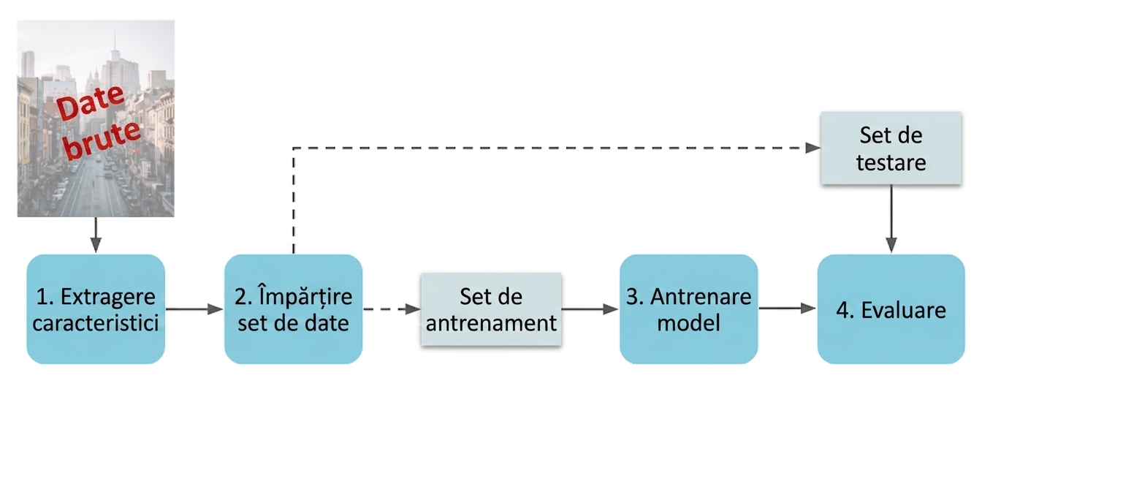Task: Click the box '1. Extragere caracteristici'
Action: [96, 309]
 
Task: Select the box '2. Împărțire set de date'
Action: [293, 309]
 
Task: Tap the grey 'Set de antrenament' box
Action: [491, 309]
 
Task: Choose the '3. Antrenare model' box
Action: [689, 309]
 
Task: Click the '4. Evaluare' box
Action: [891, 309]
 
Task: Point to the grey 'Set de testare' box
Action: [891, 148]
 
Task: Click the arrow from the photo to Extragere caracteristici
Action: [96, 235]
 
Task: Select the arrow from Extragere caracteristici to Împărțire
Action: [195, 309]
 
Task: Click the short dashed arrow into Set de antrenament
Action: [392, 309]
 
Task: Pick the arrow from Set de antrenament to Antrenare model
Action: [590, 309]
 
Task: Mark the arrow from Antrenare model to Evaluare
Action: [788, 308]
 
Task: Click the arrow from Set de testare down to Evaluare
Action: [891, 219]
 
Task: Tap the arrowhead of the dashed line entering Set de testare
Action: [812, 148]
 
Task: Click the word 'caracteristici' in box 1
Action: [96, 323]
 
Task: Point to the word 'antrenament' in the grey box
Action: [491, 323]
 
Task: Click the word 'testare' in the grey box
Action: [891, 163]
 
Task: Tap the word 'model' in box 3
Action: [689, 323]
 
